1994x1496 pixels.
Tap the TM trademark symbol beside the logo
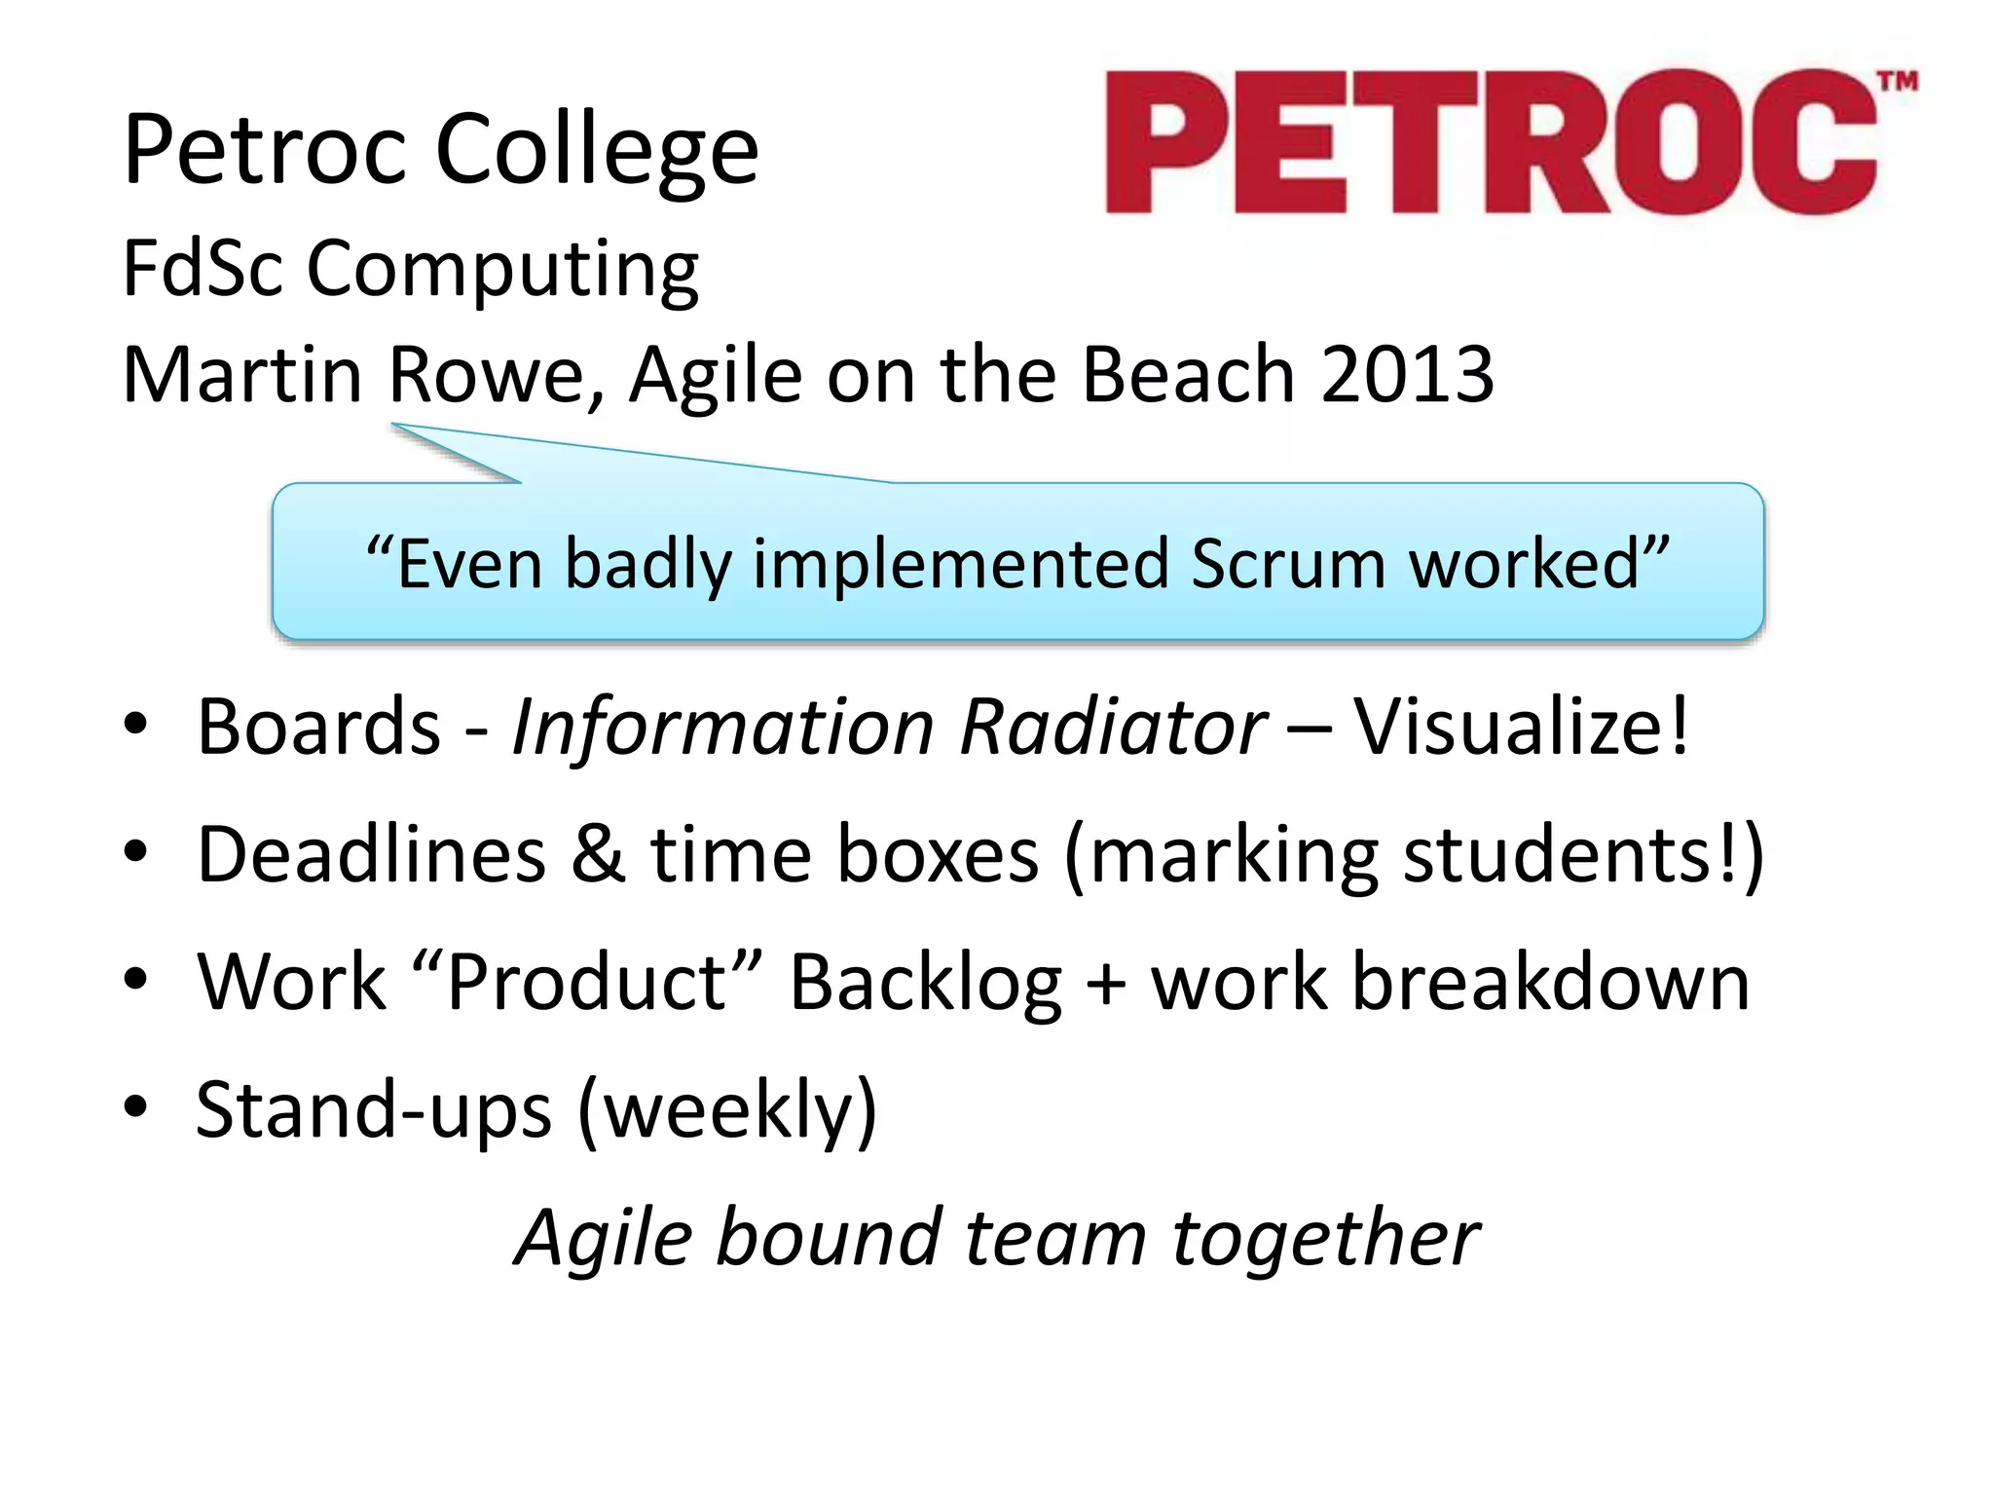[1898, 82]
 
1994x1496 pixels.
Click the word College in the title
[596, 150]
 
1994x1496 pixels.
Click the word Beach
[1188, 375]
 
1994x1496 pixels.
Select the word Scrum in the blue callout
[1287, 564]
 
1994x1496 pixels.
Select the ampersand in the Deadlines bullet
[598, 854]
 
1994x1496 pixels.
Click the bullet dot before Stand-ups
[135, 1106]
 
